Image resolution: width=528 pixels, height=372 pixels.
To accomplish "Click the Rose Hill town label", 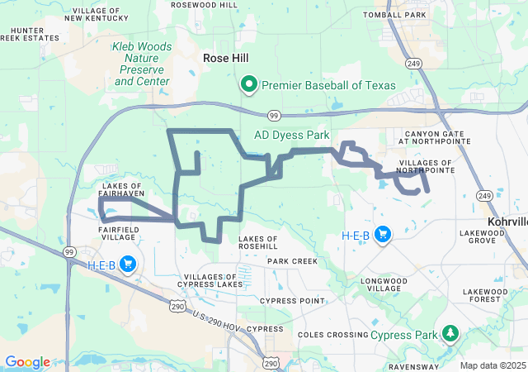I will pos(225,58).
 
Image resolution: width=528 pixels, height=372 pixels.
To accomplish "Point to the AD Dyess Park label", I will pos(291,134).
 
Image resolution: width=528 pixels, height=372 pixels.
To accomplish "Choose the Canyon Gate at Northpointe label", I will pos(437,136).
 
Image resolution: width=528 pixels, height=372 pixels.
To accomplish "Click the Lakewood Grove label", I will pos(483,236).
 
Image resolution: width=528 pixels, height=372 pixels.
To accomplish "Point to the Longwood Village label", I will pos(390,286).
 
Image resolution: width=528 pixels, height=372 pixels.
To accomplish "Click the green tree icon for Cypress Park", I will pos(450,334).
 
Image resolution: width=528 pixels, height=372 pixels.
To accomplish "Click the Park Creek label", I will pos(292,261).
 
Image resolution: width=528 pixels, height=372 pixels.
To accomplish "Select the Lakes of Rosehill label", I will pos(258,242).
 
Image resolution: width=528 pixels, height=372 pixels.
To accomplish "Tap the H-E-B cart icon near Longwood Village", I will pos(383,236).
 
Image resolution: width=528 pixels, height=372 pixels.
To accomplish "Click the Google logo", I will pos(28,362).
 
